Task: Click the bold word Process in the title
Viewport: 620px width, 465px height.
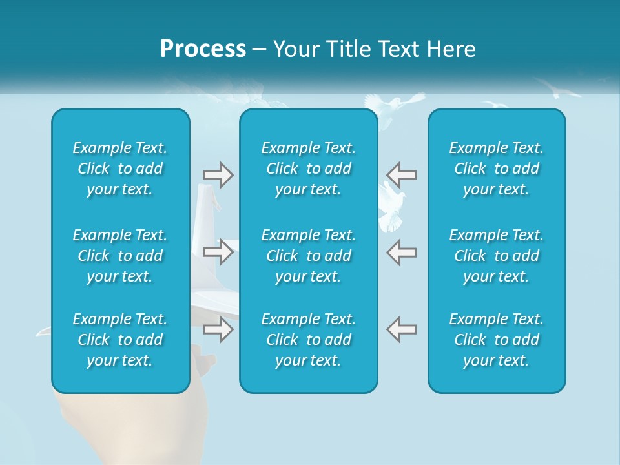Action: click(x=203, y=49)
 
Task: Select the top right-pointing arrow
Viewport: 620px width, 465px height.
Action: click(x=218, y=175)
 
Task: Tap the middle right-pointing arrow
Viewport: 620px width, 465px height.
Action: click(x=218, y=252)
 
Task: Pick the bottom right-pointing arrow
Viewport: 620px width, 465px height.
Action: click(x=218, y=329)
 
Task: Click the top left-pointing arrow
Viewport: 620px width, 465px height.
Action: click(x=401, y=174)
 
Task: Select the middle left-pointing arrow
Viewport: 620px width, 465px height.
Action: click(x=401, y=252)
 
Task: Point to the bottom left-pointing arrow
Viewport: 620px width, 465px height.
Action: click(x=401, y=329)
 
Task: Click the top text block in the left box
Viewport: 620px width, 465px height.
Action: click(x=120, y=169)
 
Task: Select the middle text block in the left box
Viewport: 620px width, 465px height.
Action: click(x=120, y=256)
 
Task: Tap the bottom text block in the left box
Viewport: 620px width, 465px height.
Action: click(x=120, y=340)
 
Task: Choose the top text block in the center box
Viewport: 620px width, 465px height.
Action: click(x=309, y=169)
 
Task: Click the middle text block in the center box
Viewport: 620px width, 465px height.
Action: click(x=309, y=256)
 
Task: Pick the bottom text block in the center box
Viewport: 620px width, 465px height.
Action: click(x=309, y=340)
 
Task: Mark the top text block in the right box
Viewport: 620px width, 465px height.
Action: click(x=497, y=169)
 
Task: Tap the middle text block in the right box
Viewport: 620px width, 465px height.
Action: click(x=497, y=256)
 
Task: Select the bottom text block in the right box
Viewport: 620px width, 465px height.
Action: click(x=497, y=340)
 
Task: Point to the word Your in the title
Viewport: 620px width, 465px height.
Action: click(x=296, y=49)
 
